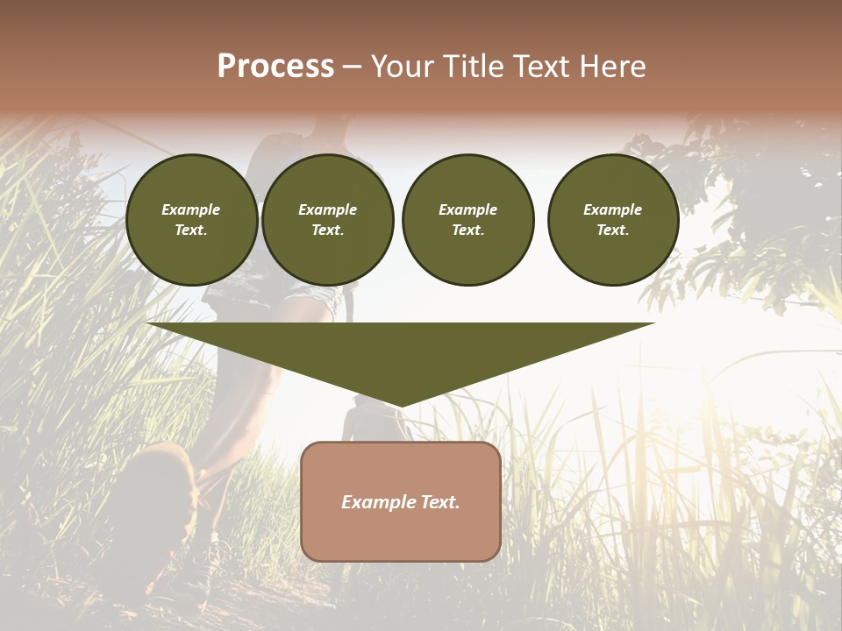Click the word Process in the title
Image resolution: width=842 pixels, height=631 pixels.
(275, 66)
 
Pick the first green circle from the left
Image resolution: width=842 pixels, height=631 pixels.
(192, 220)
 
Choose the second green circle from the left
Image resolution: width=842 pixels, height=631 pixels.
(328, 220)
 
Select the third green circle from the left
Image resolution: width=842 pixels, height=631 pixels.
(467, 220)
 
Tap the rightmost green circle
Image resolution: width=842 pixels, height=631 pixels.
(613, 220)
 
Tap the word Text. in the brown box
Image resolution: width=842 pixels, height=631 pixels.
(439, 502)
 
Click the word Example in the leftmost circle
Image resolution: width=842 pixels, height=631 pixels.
(191, 209)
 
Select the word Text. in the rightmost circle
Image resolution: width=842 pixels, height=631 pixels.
(613, 230)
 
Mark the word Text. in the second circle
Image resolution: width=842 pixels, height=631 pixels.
(328, 230)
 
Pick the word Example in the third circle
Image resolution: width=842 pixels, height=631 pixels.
(467, 209)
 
